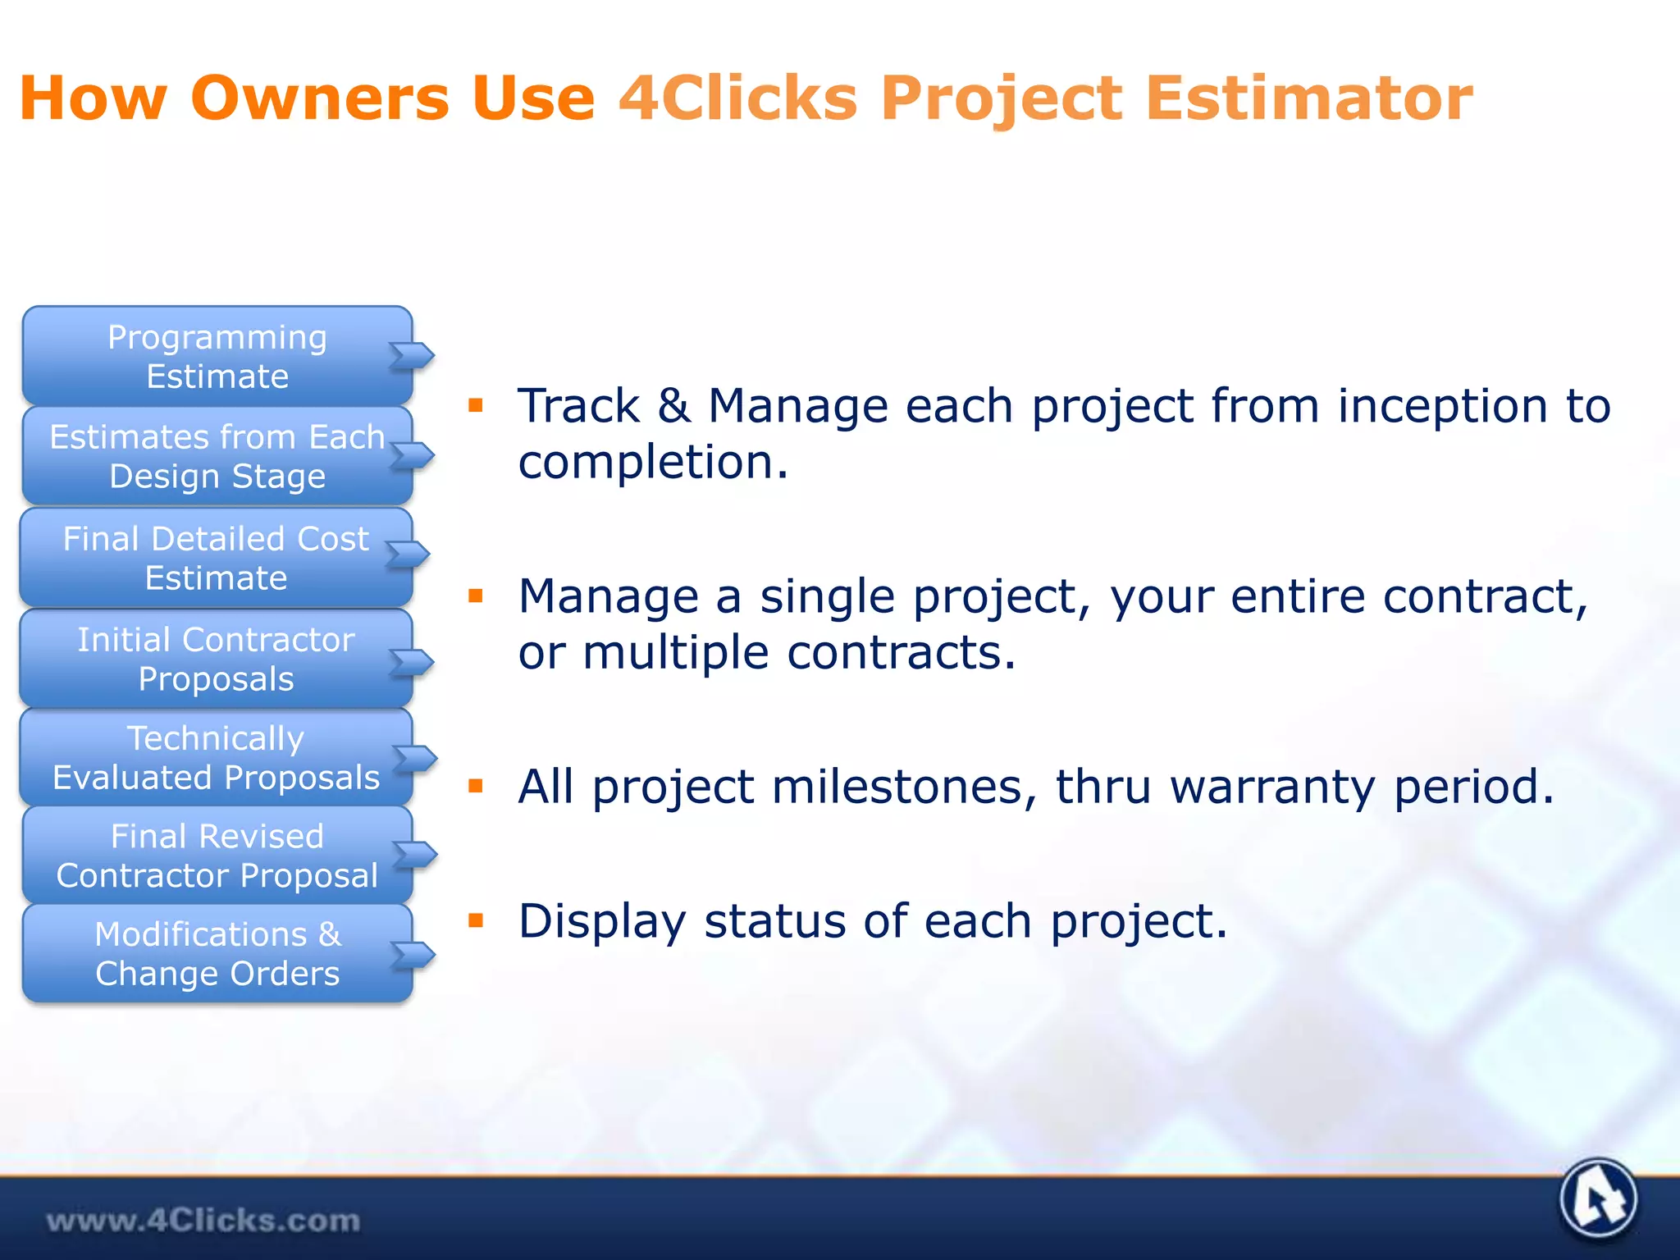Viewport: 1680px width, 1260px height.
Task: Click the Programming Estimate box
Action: point(217,356)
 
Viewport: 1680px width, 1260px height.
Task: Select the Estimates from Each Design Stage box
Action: point(217,456)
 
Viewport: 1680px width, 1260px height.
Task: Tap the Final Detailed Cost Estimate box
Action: point(216,558)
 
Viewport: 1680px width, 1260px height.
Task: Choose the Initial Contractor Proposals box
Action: point(216,659)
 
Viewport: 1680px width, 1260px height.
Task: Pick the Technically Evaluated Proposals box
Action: point(216,757)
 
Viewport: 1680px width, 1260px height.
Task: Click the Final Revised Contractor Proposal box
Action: point(217,856)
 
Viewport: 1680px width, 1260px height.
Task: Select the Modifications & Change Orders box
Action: point(217,953)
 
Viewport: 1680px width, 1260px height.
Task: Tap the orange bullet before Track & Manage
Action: point(476,404)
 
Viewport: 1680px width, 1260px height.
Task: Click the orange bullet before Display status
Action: point(476,920)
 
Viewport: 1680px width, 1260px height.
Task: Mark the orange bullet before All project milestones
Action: point(476,786)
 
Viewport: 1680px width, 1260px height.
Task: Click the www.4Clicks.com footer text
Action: point(203,1221)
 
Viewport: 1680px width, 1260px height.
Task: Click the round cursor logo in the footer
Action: point(1597,1198)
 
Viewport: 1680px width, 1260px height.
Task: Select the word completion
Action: point(652,463)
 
